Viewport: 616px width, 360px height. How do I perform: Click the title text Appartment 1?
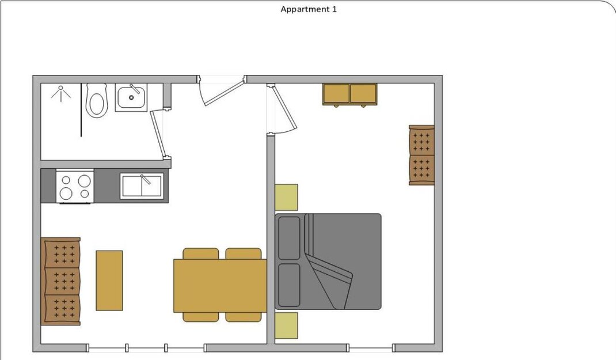point(309,9)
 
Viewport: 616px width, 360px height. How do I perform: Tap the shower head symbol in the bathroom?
point(61,93)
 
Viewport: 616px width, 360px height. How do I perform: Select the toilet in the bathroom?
point(96,100)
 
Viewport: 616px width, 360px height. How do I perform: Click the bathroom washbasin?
point(131,97)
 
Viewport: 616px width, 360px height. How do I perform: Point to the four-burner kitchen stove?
point(75,186)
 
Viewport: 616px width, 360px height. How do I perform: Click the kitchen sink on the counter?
point(142,186)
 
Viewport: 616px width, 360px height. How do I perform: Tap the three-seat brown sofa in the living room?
point(61,281)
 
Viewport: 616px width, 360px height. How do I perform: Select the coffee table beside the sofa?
point(109,281)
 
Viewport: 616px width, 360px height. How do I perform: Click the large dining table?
point(220,285)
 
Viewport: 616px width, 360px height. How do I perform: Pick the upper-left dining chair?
point(201,253)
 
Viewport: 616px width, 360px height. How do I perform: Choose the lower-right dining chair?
point(243,317)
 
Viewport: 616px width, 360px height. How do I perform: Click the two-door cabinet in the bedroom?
point(349,94)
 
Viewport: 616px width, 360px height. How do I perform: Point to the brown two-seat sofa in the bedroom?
point(421,155)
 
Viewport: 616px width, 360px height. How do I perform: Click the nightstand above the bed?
point(286,198)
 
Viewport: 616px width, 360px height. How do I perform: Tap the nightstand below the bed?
point(286,325)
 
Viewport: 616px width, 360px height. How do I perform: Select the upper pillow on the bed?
point(289,238)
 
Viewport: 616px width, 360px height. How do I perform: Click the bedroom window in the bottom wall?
point(371,348)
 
